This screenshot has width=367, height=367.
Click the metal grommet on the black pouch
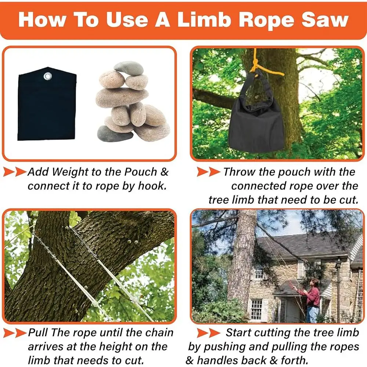(47, 76)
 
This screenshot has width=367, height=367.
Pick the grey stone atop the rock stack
(129, 68)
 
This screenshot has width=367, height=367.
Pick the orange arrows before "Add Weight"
(15, 172)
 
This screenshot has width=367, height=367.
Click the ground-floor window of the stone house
(256, 309)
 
